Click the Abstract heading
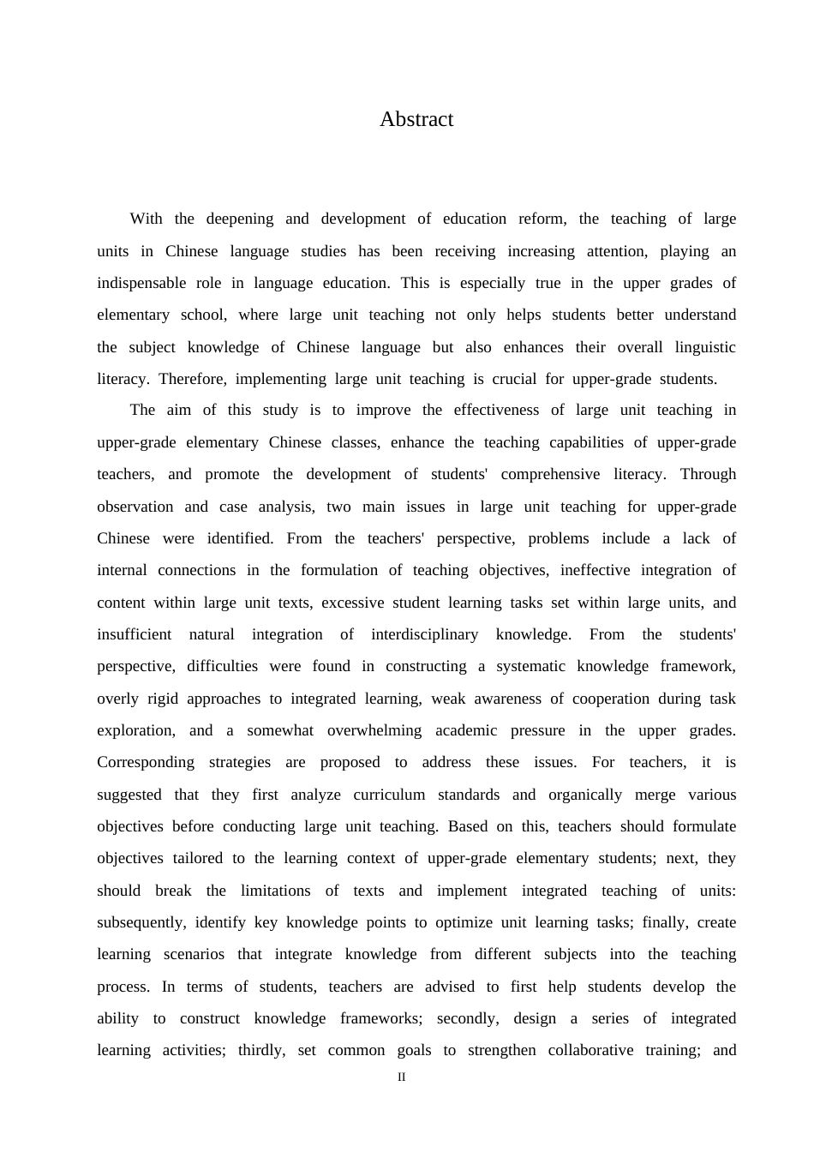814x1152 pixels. [x=416, y=119]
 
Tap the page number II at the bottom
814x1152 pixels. [x=402, y=1077]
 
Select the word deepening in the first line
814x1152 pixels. [x=240, y=219]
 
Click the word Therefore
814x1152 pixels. [x=191, y=379]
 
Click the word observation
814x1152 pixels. [x=135, y=507]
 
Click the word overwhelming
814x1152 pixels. [x=374, y=730]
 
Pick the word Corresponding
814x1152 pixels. [x=146, y=762]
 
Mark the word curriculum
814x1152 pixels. [x=389, y=795]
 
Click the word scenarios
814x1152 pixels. [x=195, y=954]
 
